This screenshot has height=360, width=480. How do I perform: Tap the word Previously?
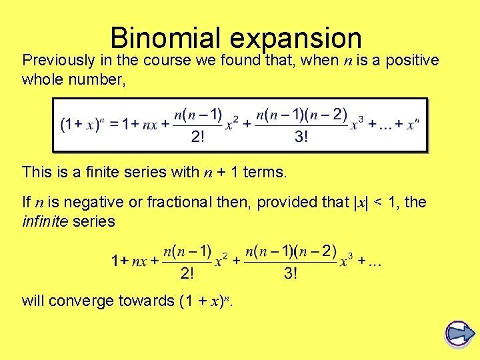58,60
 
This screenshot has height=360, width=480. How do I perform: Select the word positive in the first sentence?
411,60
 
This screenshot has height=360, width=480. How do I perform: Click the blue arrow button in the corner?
459,333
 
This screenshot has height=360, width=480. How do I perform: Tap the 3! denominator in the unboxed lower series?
291,273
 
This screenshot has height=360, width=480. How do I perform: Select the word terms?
265,173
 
